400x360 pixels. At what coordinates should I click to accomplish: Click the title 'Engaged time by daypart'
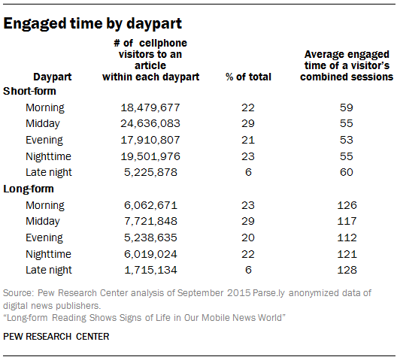click(92, 24)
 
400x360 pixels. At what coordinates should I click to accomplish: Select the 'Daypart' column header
click(53, 77)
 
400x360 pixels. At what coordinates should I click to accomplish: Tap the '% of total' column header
click(248, 77)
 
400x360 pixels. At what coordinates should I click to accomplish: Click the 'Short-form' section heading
click(29, 91)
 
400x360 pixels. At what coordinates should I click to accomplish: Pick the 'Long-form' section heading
click(29, 189)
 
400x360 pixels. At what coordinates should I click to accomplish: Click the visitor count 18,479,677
click(150, 107)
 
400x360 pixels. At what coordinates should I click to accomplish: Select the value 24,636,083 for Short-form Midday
click(150, 124)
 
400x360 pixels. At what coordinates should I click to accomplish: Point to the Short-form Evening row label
click(44, 141)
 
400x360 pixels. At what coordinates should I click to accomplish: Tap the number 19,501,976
click(150, 156)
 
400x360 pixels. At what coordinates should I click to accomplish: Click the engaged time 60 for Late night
click(347, 172)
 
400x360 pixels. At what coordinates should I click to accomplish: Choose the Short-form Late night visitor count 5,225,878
click(150, 172)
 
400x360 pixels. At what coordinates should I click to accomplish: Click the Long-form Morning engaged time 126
click(347, 205)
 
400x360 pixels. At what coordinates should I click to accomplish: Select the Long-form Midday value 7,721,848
click(150, 221)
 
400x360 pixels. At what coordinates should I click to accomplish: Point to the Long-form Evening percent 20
click(248, 237)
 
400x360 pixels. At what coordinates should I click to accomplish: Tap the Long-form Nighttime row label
click(48, 254)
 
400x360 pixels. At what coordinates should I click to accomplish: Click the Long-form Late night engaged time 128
click(347, 270)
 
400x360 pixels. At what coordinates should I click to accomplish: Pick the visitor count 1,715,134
click(150, 270)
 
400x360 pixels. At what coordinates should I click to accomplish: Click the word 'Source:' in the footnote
click(18, 293)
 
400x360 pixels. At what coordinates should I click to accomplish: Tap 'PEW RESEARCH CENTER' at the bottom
click(56, 337)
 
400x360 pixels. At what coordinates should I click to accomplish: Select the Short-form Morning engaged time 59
click(347, 107)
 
